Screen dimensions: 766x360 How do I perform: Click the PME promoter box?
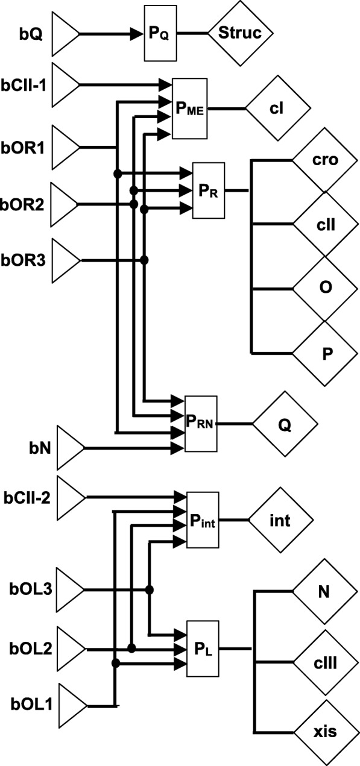point(189,108)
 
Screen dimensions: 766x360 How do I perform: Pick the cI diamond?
point(277,108)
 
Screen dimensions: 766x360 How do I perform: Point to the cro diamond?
point(325,161)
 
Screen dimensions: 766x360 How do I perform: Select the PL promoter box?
point(203,649)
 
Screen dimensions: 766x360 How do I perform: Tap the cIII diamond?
point(325,662)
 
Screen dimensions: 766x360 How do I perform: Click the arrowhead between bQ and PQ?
point(134,33)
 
